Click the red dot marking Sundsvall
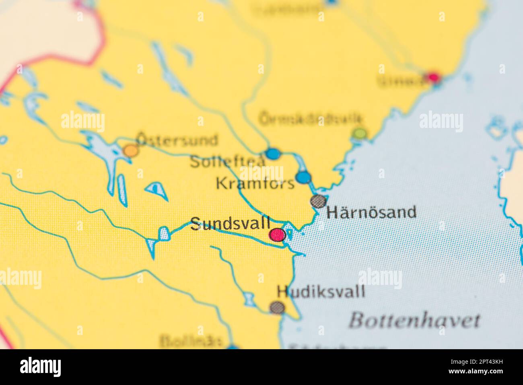click(277, 235)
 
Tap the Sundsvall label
click(230, 224)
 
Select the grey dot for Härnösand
click(318, 201)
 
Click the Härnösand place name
click(371, 212)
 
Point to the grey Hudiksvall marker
click(277, 308)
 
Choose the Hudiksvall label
click(321, 291)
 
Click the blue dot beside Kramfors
click(303, 177)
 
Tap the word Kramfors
click(255, 184)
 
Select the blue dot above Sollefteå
click(272, 154)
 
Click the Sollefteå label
click(227, 161)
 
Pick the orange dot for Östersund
click(130, 150)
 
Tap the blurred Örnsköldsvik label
click(311, 119)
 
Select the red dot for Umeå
click(433, 77)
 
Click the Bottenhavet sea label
click(414, 320)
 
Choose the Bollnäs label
click(191, 341)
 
